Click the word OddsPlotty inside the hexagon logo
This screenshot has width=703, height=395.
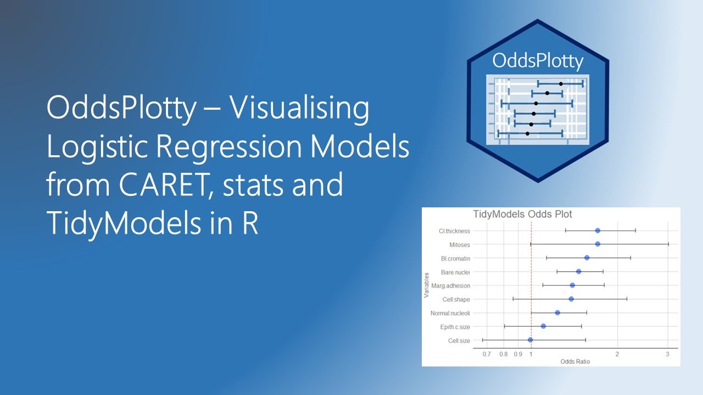coord(538,61)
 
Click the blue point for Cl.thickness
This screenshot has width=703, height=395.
coord(598,231)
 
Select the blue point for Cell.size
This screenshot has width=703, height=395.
coord(530,340)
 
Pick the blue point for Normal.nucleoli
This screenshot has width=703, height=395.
coord(557,313)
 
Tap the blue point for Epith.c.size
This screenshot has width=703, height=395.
coord(543,326)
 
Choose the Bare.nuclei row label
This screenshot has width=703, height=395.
coord(455,272)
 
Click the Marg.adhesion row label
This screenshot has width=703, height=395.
coord(451,286)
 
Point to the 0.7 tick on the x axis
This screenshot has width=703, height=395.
coord(487,354)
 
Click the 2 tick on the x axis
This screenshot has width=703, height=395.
coord(617,354)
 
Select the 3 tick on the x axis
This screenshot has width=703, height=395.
coord(667,354)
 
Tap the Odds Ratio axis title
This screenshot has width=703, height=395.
coord(575,362)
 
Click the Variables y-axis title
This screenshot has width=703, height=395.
coord(426,285)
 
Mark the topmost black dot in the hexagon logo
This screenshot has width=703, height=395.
coord(561,84)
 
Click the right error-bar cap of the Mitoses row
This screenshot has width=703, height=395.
coord(668,245)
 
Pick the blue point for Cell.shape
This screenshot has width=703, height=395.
coord(571,299)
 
